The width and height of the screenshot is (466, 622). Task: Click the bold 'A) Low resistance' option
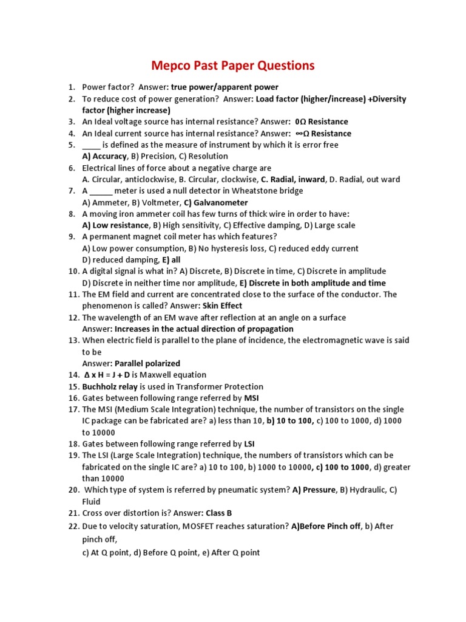pos(115,225)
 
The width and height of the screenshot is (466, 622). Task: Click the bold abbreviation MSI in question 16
pos(251,398)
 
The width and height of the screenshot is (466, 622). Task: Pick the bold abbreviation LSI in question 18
pos(249,444)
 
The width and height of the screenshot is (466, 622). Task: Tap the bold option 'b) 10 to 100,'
pos(290,421)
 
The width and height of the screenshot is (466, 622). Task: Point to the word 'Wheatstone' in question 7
pos(260,191)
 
